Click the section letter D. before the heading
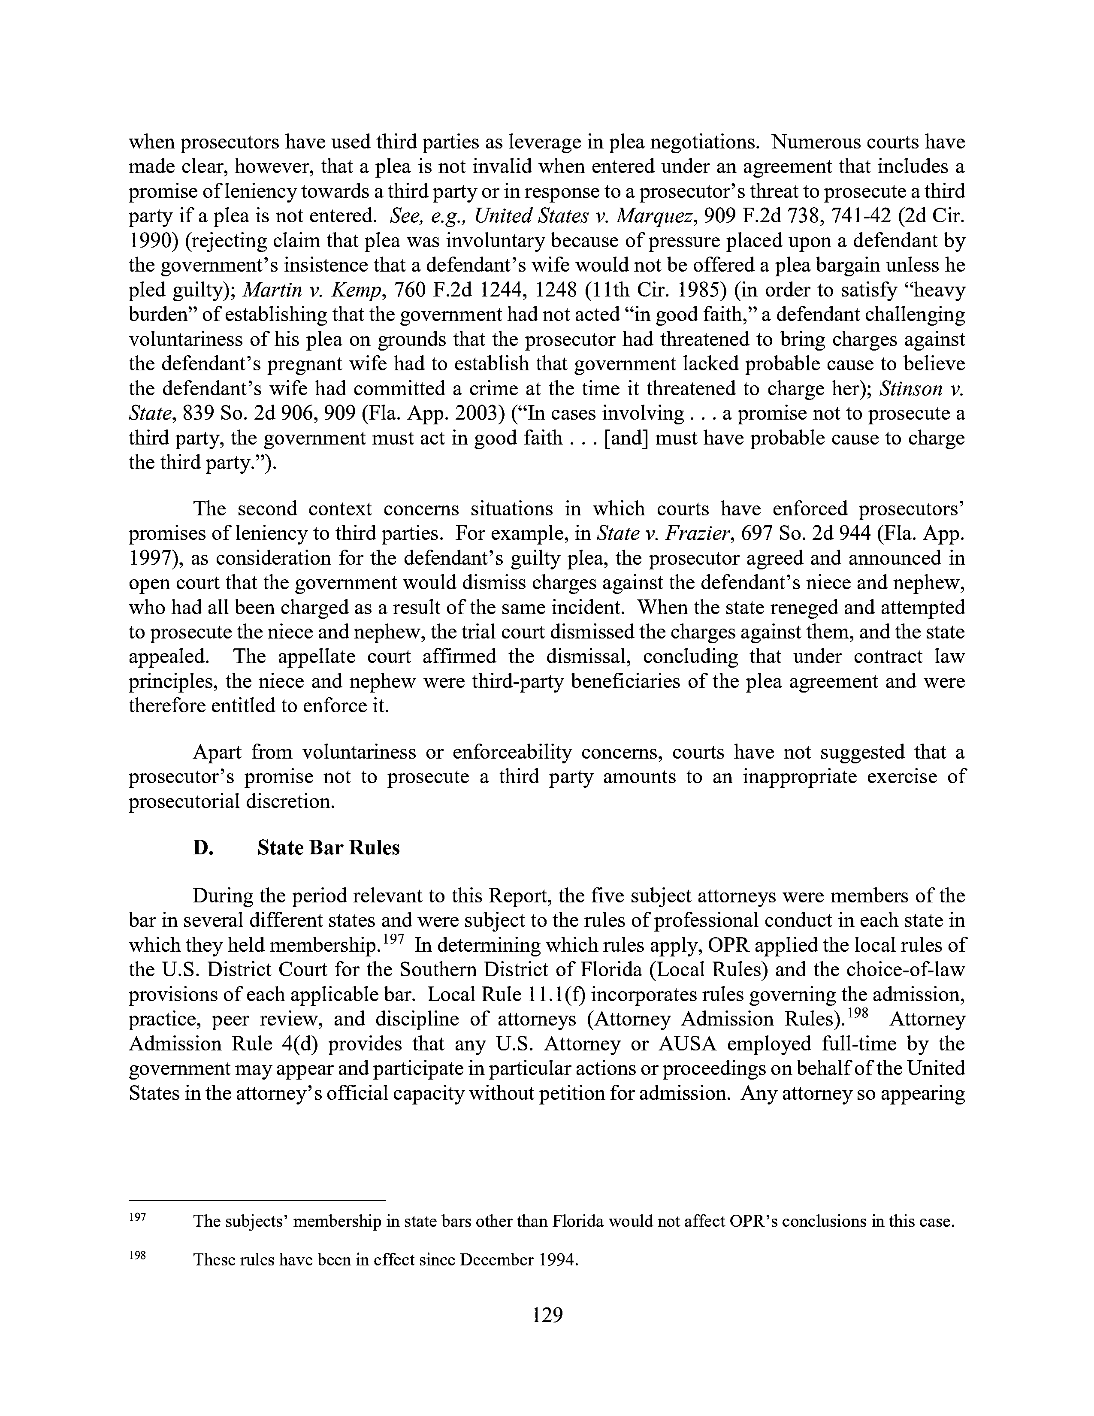point(203,848)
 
